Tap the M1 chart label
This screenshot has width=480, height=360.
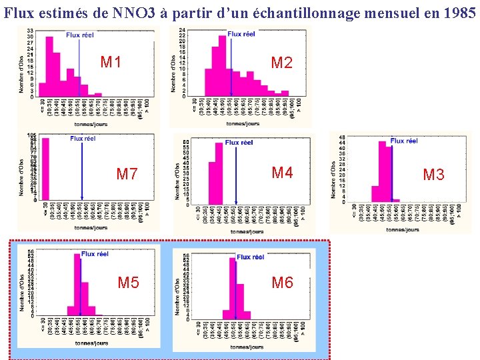click(x=111, y=63)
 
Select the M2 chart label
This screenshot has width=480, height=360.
click(x=282, y=63)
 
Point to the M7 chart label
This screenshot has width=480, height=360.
click(x=127, y=175)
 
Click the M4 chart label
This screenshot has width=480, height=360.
click(x=282, y=173)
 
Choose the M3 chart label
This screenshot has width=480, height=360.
click(x=433, y=175)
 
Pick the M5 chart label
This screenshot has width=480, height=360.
click(x=129, y=283)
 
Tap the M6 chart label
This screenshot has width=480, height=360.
click(x=282, y=283)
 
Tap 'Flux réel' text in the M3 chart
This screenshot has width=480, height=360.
click(x=404, y=141)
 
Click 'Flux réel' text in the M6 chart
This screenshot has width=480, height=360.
click(x=250, y=257)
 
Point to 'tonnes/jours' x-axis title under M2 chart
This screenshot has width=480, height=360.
click(x=243, y=123)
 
